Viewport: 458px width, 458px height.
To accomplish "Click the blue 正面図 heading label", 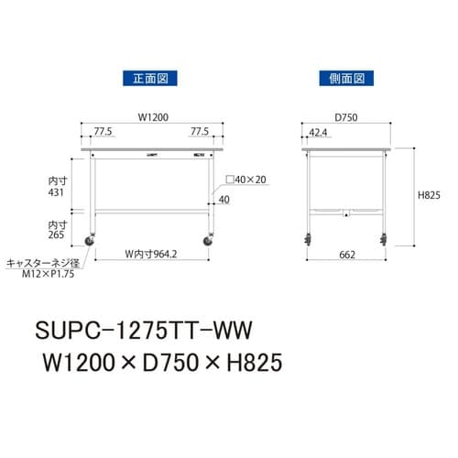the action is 150,79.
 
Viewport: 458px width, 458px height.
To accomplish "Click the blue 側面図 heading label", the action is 346,79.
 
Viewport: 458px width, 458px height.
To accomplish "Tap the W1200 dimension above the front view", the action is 153,117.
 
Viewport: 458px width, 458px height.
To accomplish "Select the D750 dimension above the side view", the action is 346,117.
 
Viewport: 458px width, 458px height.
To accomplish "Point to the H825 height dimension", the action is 429,195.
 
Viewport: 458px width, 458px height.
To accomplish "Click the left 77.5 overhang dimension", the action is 103,131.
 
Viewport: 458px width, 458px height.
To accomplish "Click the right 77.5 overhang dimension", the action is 200,131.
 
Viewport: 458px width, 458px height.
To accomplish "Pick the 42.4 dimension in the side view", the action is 318,133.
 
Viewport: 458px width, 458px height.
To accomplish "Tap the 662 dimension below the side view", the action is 347,255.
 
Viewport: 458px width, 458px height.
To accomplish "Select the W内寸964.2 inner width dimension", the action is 151,254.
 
